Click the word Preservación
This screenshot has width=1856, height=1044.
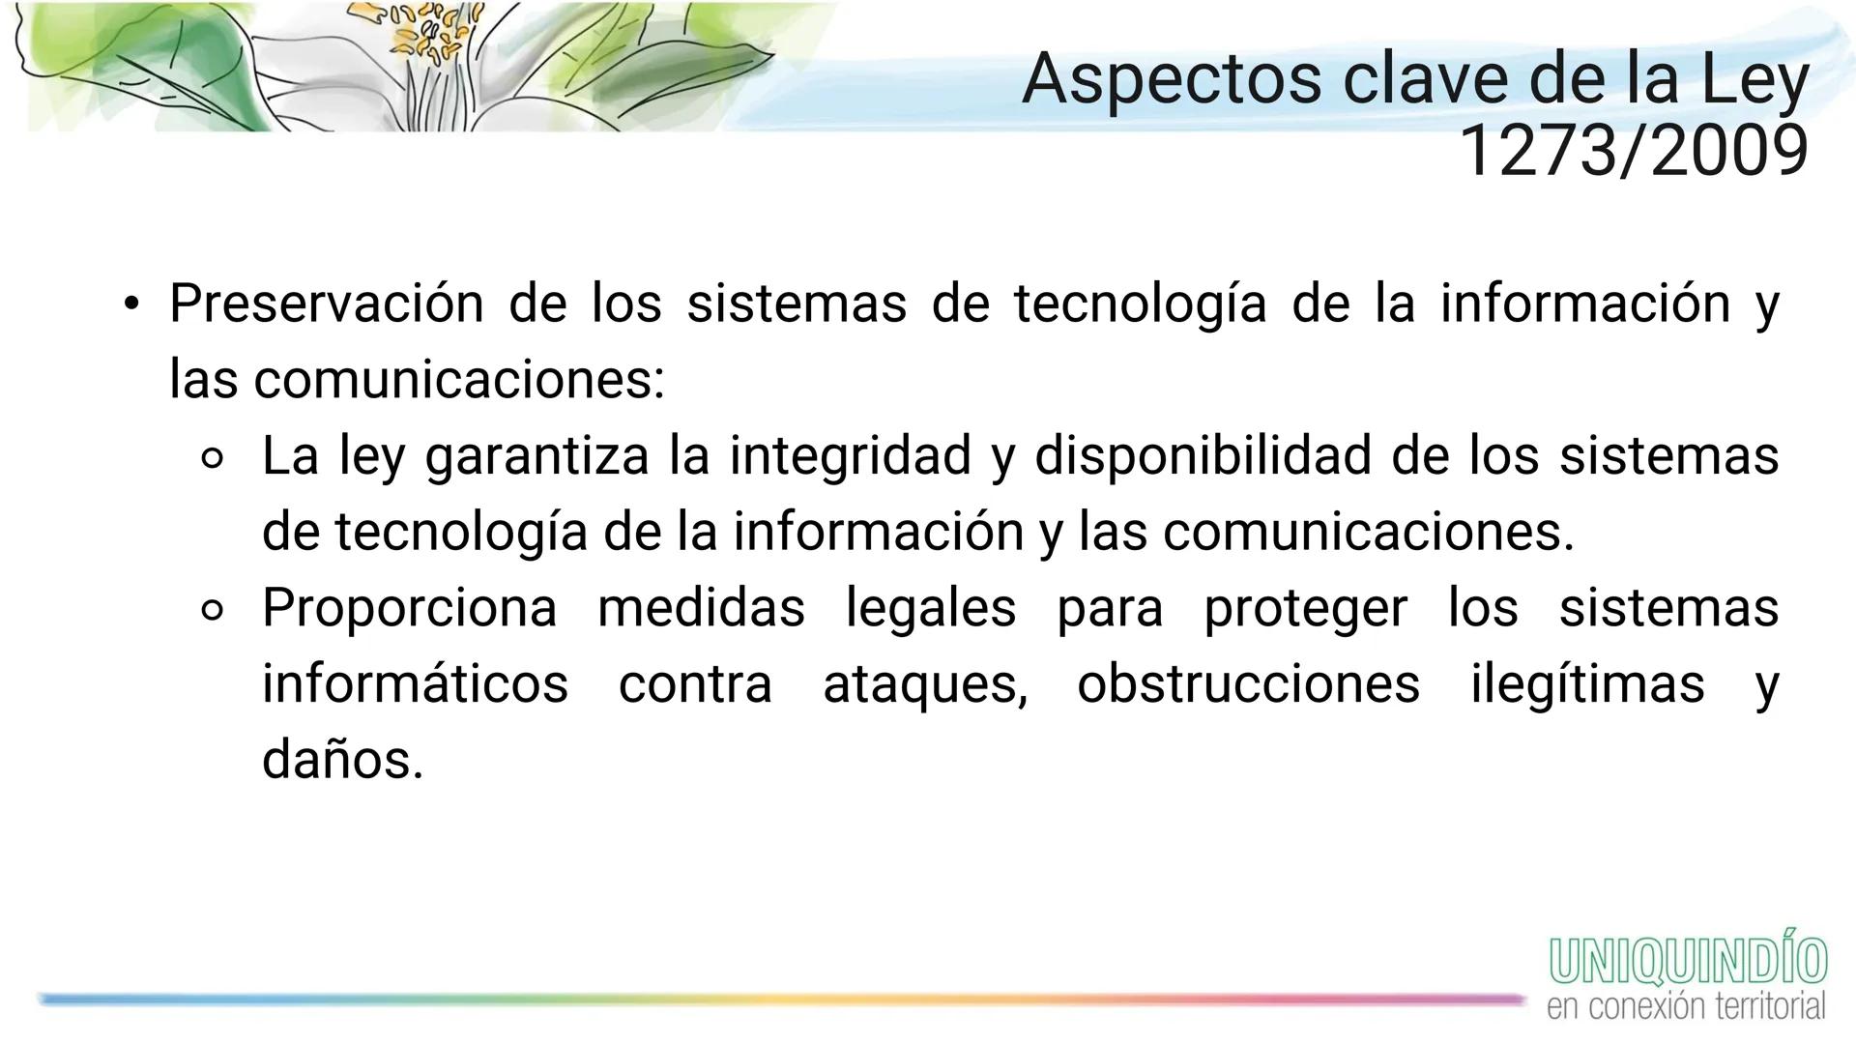(x=326, y=304)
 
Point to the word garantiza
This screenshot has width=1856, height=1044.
(x=536, y=455)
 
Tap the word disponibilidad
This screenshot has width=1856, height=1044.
(x=1203, y=455)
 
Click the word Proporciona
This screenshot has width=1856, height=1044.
(x=410, y=608)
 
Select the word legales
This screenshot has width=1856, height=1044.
(x=931, y=608)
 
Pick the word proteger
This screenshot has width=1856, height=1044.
(x=1305, y=608)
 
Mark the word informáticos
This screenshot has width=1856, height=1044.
(x=415, y=684)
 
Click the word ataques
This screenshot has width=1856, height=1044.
(x=925, y=684)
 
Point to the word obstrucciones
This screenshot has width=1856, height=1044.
(x=1248, y=684)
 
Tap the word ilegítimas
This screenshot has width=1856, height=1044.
(x=1587, y=684)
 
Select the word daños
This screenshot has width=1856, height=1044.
(x=342, y=760)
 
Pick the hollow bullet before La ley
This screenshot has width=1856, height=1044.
(x=214, y=458)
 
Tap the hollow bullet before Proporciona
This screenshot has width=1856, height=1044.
(x=214, y=611)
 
